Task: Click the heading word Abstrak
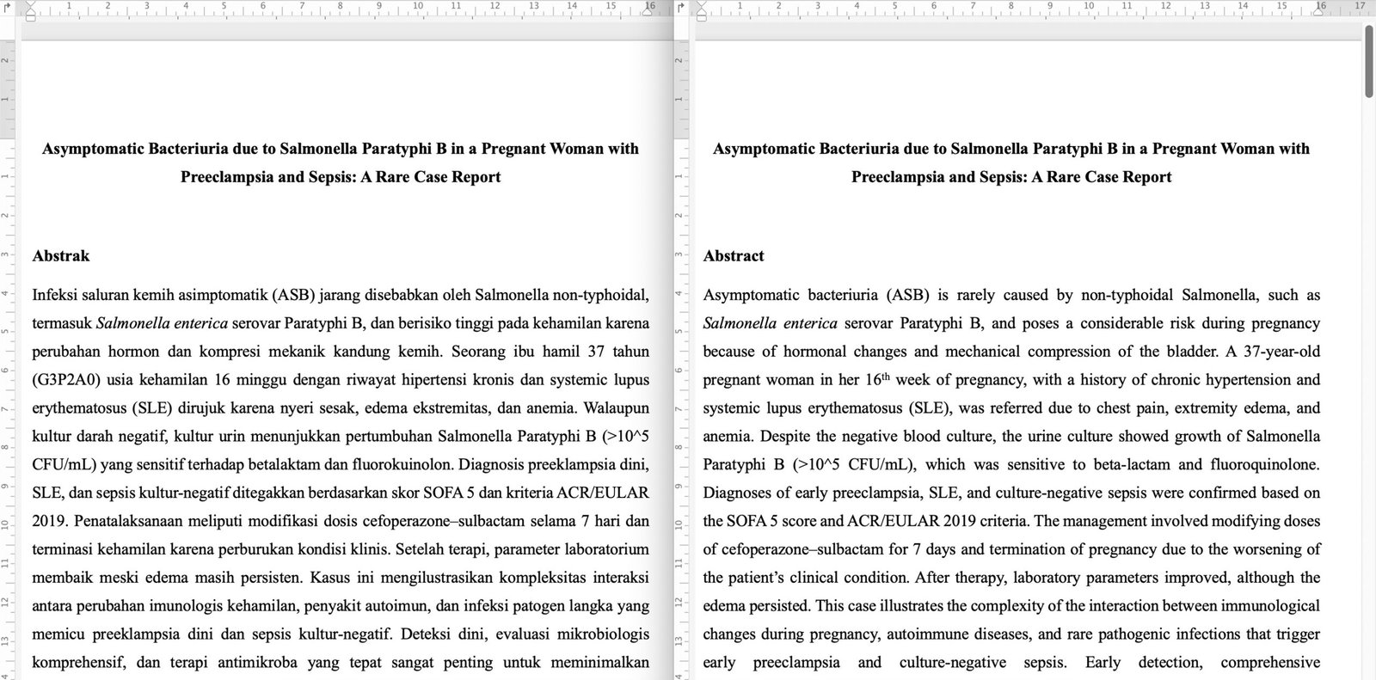click(x=61, y=256)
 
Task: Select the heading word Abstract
click(x=734, y=256)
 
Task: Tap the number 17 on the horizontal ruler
click(x=1360, y=6)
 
